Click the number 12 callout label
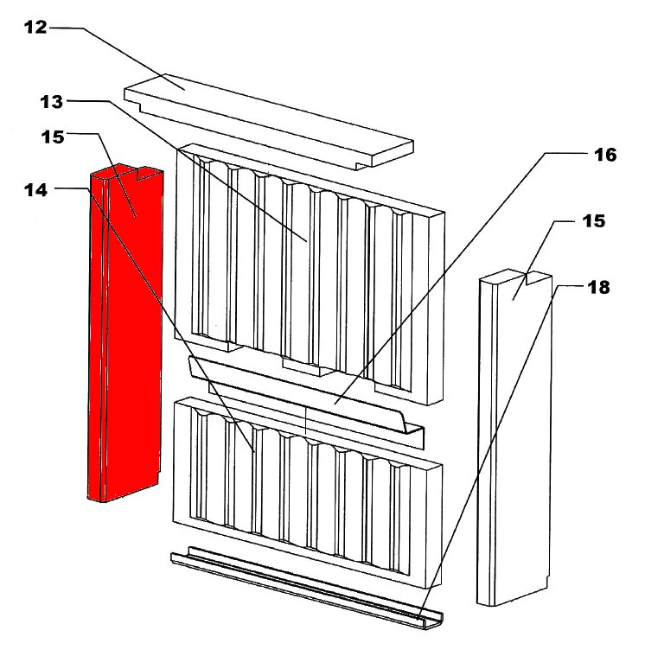[35, 28]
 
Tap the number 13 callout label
[52, 102]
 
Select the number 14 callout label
[36, 190]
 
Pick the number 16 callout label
[605, 156]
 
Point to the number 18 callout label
[598, 288]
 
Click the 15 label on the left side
[53, 137]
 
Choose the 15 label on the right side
[593, 221]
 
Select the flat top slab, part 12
[269, 121]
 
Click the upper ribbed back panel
[310, 274]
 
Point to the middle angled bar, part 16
[307, 403]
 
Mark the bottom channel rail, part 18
[307, 587]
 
